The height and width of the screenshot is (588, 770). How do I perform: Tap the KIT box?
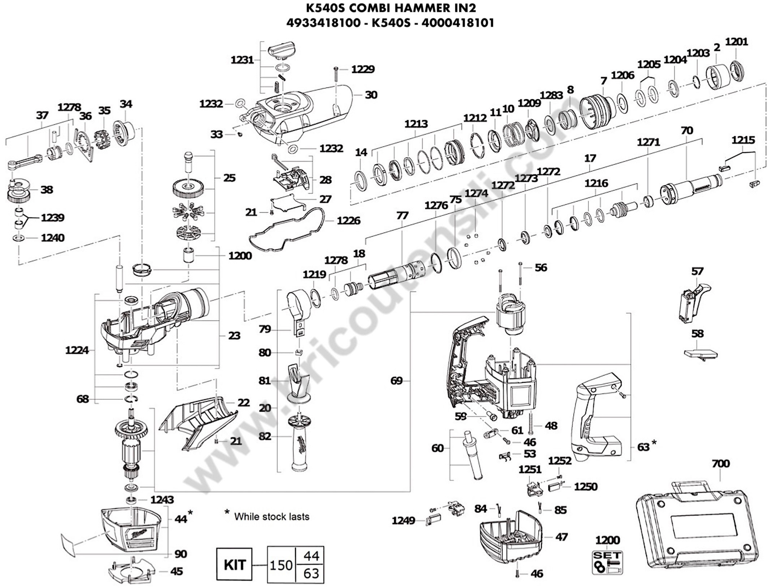234,565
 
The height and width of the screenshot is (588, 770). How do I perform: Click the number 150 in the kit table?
281,565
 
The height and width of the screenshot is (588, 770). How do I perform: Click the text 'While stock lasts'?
272,517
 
